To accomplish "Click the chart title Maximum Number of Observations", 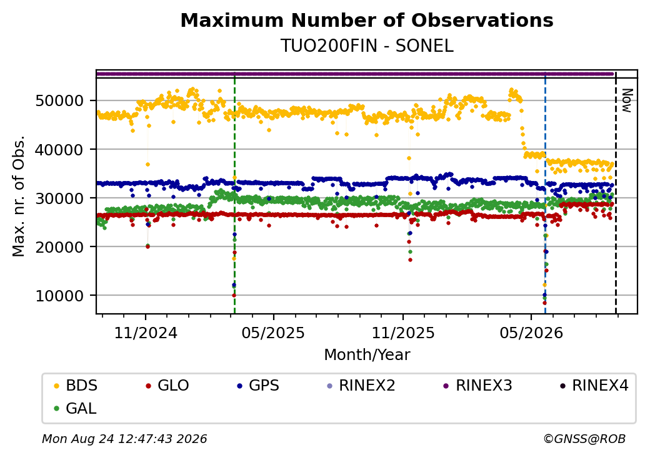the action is (367, 20).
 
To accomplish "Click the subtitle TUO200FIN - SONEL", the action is (367, 46).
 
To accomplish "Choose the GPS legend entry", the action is (258, 386).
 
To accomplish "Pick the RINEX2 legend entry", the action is (361, 386).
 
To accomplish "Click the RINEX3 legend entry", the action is (478, 386).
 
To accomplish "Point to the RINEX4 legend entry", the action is (594, 386).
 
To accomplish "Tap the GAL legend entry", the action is (76, 408).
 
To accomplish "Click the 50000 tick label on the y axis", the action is (60, 101).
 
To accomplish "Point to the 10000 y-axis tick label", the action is (60, 296).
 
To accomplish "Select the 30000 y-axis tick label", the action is (60, 198).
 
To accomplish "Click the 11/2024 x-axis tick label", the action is (146, 333).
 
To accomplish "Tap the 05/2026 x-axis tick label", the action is (531, 333).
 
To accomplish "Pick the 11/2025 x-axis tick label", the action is (403, 333).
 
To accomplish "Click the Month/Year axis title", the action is (367, 355).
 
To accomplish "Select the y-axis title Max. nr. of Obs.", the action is (19, 196).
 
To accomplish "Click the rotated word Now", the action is (627, 101).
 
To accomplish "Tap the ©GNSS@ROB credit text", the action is (584, 439).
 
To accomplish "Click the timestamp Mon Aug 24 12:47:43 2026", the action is (125, 439).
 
